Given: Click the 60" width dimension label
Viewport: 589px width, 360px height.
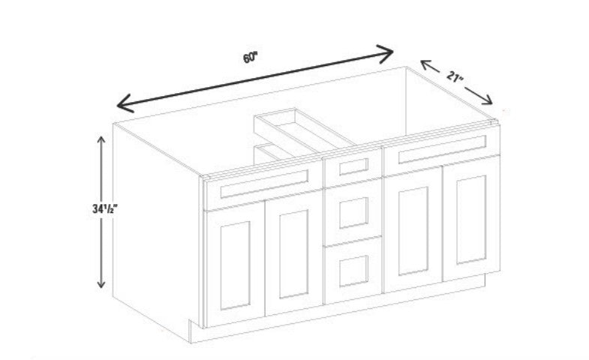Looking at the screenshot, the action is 250,58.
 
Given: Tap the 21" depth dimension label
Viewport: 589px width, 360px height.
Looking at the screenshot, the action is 455,77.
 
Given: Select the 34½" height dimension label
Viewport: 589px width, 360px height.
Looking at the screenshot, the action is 105,208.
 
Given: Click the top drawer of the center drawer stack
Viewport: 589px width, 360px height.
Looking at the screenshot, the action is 353,166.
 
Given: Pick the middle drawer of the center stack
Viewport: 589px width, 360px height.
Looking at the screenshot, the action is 353,212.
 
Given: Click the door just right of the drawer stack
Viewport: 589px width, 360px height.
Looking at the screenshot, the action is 413,230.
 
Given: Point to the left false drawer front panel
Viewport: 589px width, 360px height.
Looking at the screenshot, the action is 264,184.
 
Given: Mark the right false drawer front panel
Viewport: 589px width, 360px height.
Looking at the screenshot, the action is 442,149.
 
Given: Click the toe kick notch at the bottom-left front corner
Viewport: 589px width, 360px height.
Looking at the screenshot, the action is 191,325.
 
